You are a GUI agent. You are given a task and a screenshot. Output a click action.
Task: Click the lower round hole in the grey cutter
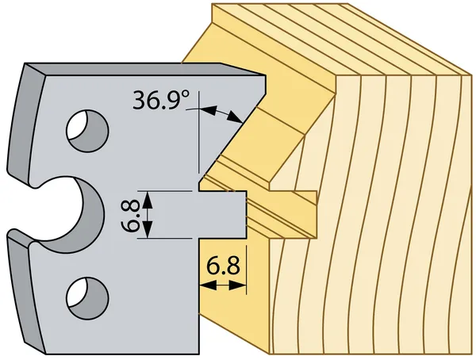(x=86, y=297)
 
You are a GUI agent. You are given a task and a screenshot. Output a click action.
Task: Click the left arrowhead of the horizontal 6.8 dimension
(x=202, y=283)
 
